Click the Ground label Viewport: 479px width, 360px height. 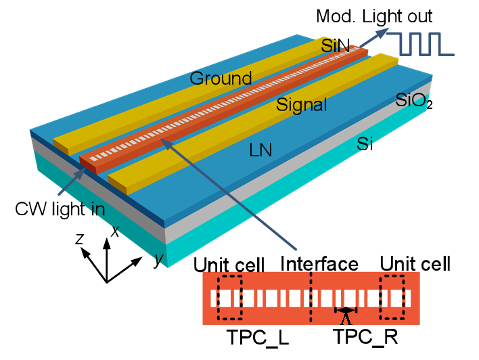[x=221, y=78]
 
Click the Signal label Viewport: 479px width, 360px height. [x=302, y=105]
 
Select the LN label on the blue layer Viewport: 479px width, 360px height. [x=260, y=150]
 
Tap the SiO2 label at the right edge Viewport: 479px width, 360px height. [x=413, y=101]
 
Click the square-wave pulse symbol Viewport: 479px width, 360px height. [x=425, y=43]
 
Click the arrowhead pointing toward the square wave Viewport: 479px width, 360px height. [x=384, y=32]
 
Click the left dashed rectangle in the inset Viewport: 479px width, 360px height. [x=229, y=298]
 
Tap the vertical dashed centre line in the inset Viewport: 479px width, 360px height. [x=311, y=298]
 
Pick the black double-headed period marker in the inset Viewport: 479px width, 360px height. [x=346, y=311]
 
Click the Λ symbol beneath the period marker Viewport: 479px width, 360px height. [x=346, y=319]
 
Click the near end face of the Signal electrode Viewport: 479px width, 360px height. [x=117, y=184]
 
